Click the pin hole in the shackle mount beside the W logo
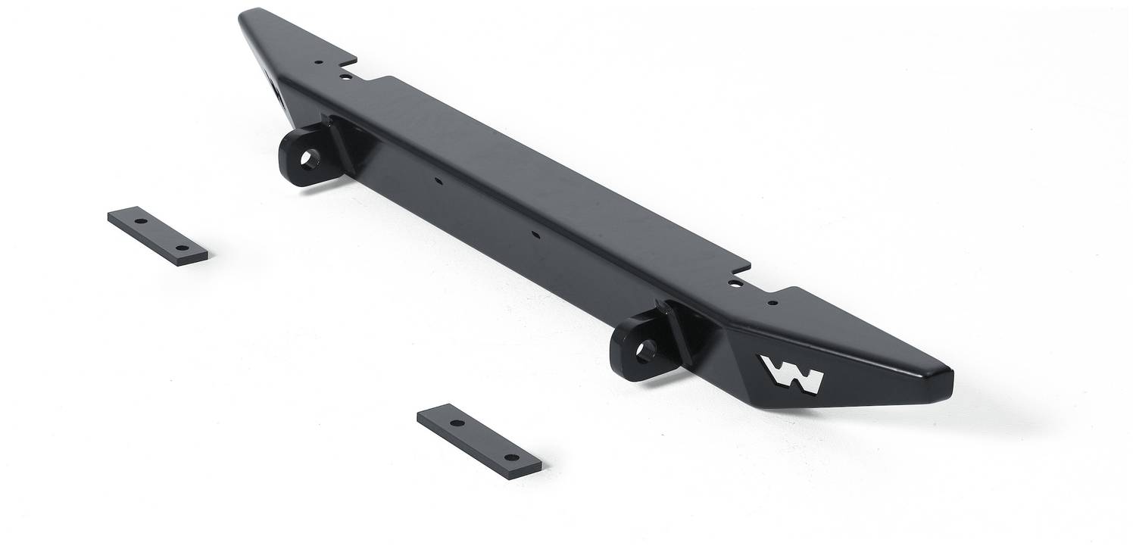pos(647,351)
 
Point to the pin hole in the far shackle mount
pos(310,159)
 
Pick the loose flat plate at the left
pos(158,236)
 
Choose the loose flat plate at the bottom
pos(479,441)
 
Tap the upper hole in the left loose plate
pos(141,222)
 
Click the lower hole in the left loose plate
pos(182,248)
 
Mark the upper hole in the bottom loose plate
pos(457,423)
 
